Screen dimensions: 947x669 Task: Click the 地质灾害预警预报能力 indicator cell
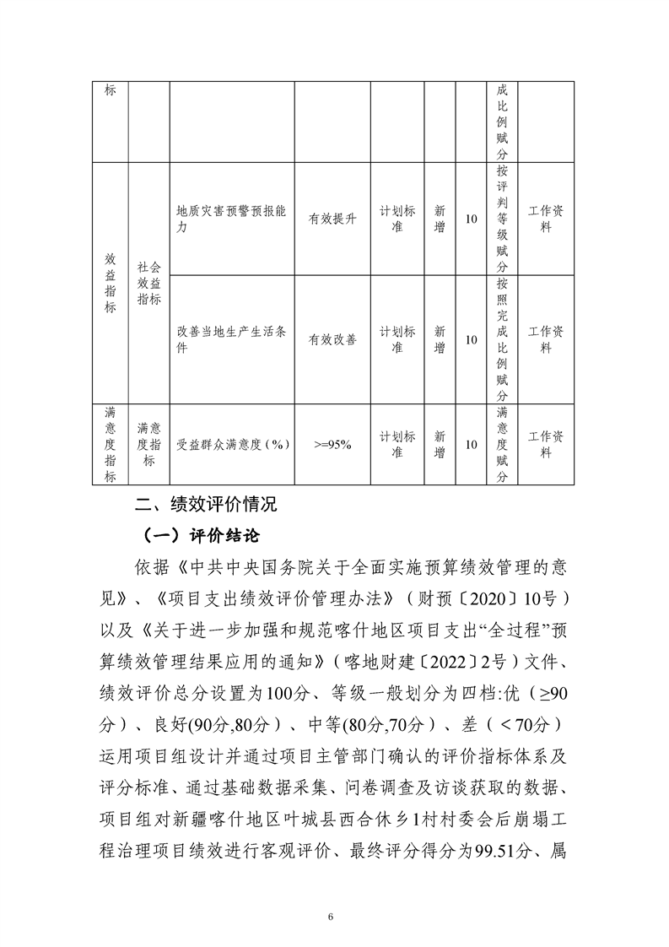point(231,219)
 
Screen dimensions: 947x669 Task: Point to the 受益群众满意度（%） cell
point(231,444)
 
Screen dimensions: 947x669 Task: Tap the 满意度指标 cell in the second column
point(148,444)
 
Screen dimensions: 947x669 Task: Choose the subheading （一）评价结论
point(204,535)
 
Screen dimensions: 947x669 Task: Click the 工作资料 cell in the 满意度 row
point(546,444)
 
